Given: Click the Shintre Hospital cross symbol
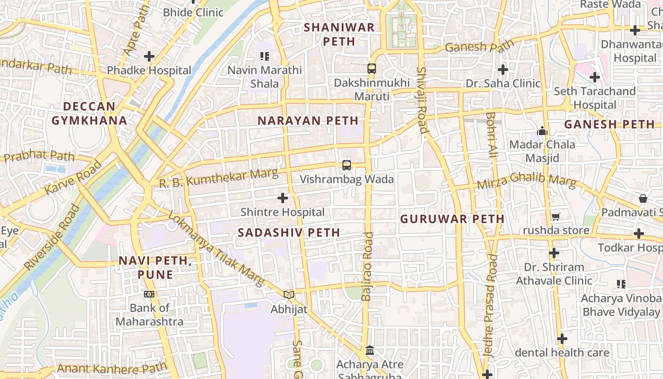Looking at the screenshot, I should [283, 198].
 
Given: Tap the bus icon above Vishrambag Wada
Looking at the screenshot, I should [347, 165].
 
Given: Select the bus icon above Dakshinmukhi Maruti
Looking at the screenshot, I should [372, 69].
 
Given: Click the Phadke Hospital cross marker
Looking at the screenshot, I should [149, 56].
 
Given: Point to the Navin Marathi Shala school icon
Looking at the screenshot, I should [265, 56].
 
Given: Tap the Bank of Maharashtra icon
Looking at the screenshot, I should [149, 294].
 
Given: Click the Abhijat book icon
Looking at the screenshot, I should [289, 295].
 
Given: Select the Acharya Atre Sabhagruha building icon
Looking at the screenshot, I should [370, 351].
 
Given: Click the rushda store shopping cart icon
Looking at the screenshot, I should [555, 217].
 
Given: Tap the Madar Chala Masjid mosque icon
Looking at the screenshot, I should [542, 130].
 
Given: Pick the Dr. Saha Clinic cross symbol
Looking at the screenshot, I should [502, 70].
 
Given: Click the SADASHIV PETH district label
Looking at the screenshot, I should [289, 233].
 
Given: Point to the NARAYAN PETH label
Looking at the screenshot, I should [308, 121].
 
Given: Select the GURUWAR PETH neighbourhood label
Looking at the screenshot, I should [452, 219].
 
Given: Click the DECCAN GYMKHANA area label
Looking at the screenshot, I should [89, 113].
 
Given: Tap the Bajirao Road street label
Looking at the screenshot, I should [367, 266].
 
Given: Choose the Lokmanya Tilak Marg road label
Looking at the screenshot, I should [216, 249].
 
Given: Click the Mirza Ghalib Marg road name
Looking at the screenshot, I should [527, 181].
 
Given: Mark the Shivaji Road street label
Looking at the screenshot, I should [422, 100].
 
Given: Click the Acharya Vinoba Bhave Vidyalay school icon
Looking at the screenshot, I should [621, 284].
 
